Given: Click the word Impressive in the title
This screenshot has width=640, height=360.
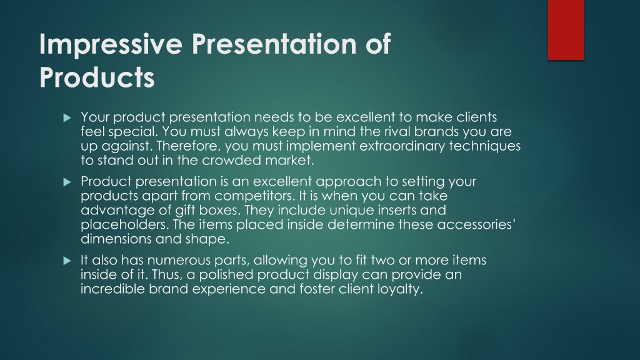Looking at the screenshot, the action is click(111, 44).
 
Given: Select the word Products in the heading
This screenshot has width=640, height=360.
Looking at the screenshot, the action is click(97, 77).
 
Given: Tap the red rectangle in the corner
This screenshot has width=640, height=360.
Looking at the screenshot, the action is click(566, 30).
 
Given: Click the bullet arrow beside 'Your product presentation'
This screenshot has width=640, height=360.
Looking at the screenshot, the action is click(67, 118).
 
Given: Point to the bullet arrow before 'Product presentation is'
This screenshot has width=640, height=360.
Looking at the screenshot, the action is click(67, 182).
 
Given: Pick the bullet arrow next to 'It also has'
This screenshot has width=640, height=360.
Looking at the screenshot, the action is click(67, 261).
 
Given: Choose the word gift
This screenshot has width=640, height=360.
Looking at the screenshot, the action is click(185, 210).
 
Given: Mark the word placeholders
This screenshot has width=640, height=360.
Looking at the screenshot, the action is click(124, 224).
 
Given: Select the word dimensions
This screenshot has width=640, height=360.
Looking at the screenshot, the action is click(116, 239).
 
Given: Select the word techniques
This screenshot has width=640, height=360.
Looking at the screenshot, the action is click(485, 146).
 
